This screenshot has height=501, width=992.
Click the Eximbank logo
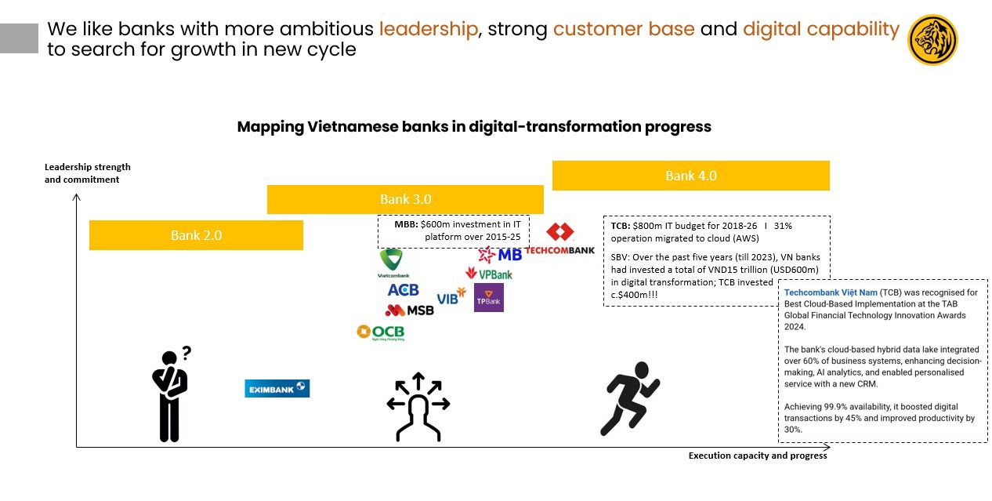pos(277,388)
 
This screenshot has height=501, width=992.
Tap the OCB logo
pos(381,332)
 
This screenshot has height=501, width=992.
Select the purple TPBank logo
pos(488,298)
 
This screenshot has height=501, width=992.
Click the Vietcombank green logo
pos(393,263)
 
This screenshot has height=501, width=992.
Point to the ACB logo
pos(403,290)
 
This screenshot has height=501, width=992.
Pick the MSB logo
pos(409,310)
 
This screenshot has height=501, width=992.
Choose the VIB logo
pos(451,296)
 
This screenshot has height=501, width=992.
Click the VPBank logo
pos(489,274)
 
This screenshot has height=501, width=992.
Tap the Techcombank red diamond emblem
pos(559,231)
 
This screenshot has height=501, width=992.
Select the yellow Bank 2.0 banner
pos(196,235)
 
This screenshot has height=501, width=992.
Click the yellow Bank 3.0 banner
pos(405,199)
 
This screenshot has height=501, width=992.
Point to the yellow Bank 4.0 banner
pos(691,176)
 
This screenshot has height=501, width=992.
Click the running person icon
pos(629,398)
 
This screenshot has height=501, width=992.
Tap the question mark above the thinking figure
pos(186,353)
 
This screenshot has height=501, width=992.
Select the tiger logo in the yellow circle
pos(932,40)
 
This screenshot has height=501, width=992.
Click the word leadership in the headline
pos(429,29)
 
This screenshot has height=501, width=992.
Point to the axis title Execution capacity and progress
pos(757,456)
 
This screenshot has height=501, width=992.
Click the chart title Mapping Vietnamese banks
pos(474,127)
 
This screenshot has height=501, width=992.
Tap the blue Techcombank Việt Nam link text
pos(831,292)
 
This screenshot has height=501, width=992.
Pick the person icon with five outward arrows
pos(418,407)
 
